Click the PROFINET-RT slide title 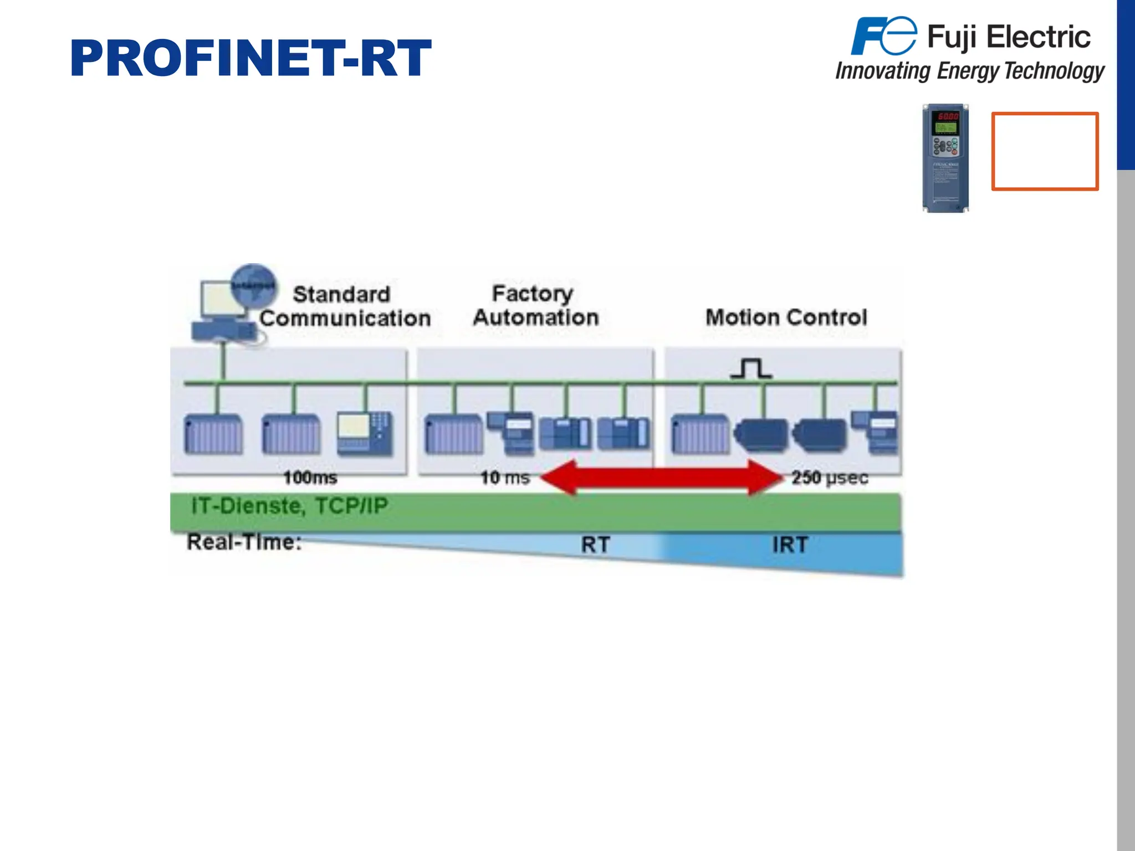tap(250, 58)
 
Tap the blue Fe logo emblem tap(883, 36)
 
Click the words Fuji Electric tap(1009, 37)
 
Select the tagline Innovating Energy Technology tap(970, 71)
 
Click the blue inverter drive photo tap(945, 158)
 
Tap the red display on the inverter tap(947, 116)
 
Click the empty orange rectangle tap(1045, 151)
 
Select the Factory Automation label tap(535, 305)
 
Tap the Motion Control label tap(786, 317)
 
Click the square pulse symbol tap(751, 368)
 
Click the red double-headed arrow tap(661, 477)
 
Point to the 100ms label tap(310, 478)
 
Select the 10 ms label tap(504, 478)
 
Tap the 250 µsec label tap(829, 478)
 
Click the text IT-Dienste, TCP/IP tap(289, 506)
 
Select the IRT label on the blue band tap(790, 545)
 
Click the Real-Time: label tap(244, 542)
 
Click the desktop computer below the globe tap(222, 313)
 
